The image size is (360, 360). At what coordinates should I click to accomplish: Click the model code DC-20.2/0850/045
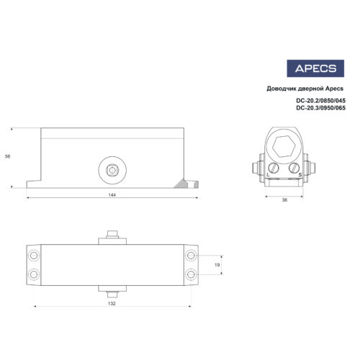click(x=320, y=102)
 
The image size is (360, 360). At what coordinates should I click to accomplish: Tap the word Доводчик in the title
click(x=282, y=89)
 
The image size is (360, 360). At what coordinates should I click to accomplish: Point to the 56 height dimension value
click(x=7, y=157)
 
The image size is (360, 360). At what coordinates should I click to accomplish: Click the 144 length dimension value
click(x=112, y=195)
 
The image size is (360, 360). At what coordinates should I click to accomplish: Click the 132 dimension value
click(x=112, y=304)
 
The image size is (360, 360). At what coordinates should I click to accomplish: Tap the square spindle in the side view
click(x=112, y=170)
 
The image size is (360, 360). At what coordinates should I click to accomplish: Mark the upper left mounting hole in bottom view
click(x=33, y=255)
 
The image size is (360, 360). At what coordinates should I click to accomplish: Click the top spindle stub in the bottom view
click(x=112, y=235)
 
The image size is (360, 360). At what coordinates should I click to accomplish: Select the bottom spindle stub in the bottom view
click(x=112, y=293)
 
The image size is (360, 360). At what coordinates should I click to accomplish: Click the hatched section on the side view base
click(x=189, y=183)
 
